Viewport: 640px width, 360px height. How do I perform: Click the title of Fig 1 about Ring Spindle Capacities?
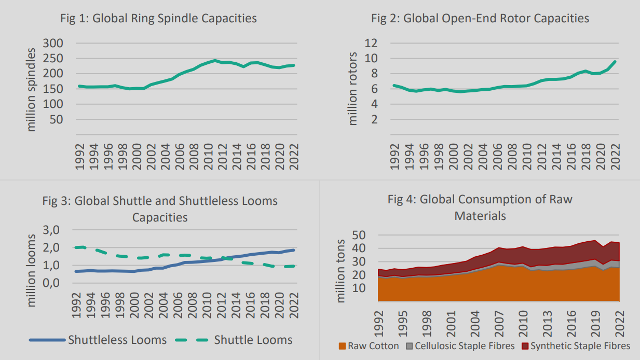(158, 19)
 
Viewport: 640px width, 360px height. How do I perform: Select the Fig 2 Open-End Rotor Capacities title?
(480, 19)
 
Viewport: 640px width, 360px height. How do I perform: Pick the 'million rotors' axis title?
(353, 88)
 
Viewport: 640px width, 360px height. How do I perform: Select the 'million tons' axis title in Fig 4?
(341, 270)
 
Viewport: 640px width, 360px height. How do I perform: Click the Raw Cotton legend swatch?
(342, 346)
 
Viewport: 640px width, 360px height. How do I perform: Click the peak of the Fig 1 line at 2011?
(215, 60)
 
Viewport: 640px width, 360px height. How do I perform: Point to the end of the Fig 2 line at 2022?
(615, 61)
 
